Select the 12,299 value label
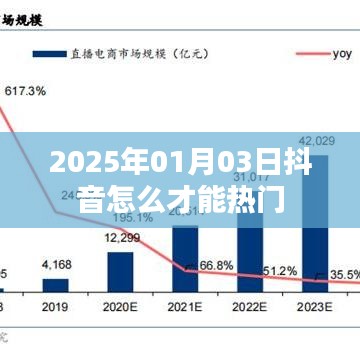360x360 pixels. coord(120,238)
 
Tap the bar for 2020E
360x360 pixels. coord(120,268)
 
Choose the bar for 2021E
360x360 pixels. coord(185,256)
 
